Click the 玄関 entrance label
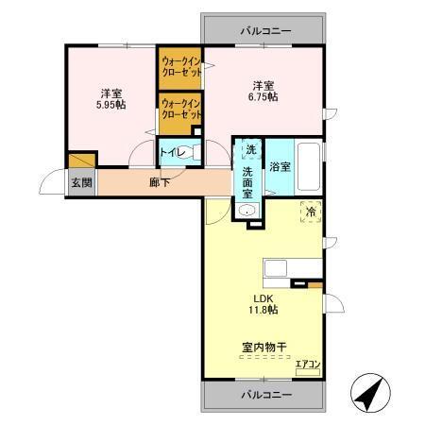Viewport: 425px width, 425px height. click(80, 182)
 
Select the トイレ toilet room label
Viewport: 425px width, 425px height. click(171, 152)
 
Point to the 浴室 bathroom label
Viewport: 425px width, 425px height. click(279, 167)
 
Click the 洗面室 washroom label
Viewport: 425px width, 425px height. click(247, 181)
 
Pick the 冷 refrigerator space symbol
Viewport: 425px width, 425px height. click(310, 212)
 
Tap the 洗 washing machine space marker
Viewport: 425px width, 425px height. click(250, 149)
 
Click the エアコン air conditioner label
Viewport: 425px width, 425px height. click(308, 364)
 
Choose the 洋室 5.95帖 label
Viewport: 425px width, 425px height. click(111, 98)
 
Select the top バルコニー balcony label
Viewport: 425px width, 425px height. click(265, 31)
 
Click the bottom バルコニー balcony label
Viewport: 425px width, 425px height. click(265, 393)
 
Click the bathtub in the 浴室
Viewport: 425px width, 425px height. click(309, 166)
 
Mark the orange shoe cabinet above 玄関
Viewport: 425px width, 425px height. click(82, 161)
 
